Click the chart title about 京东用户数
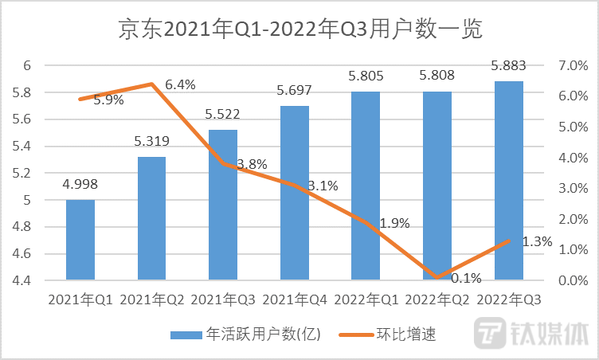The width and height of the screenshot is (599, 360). click(300, 29)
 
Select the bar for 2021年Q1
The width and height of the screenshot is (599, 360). click(80, 240)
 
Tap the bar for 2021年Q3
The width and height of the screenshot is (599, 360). click(223, 205)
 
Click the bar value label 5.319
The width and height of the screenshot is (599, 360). click(151, 142)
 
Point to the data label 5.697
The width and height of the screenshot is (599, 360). click(295, 91)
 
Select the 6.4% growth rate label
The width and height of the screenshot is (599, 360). click(181, 84)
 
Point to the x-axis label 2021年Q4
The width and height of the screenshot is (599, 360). click(295, 299)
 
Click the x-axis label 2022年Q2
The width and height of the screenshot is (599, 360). click(437, 299)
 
